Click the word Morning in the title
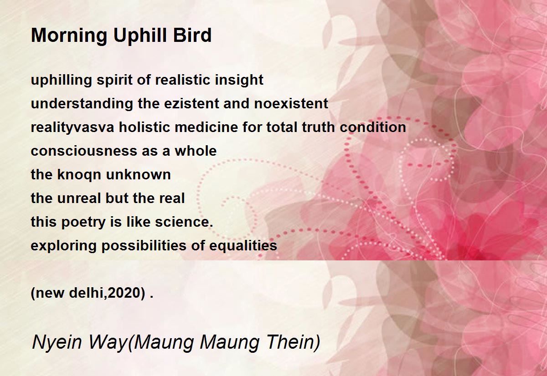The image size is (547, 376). (69, 36)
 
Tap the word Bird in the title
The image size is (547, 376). (192, 35)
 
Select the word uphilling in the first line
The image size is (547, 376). (61, 80)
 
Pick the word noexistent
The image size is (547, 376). (291, 103)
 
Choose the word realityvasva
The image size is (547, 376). (72, 127)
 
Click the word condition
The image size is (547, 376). (373, 127)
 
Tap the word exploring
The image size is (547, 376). (63, 246)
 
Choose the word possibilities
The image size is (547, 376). (144, 246)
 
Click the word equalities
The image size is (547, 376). (243, 246)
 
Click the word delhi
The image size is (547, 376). (87, 293)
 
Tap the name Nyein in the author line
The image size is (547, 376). (57, 342)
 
